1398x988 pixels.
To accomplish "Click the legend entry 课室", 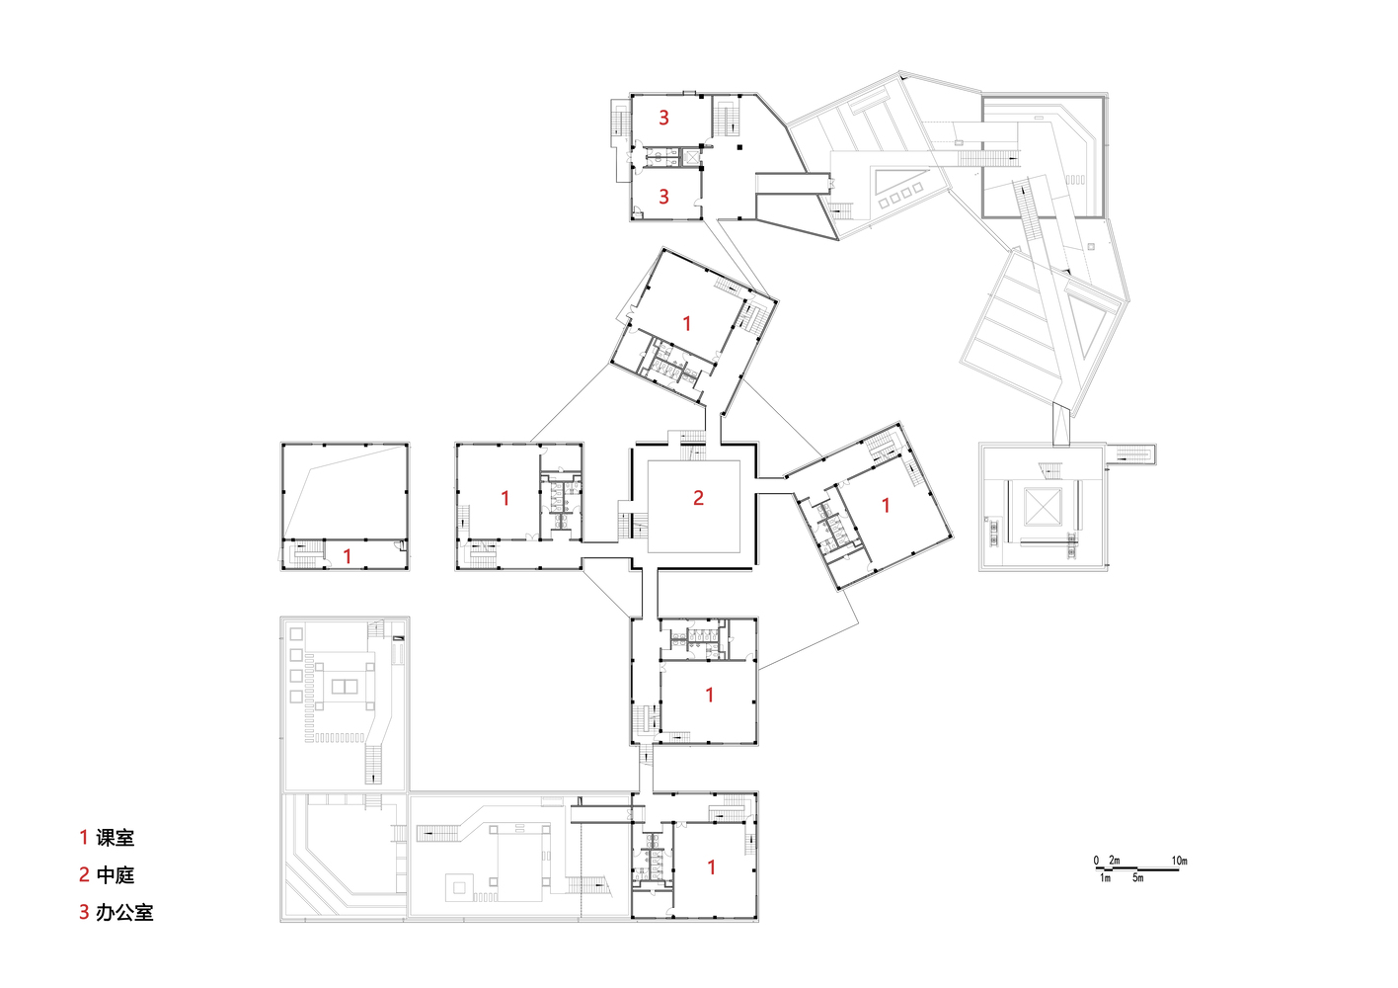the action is [x=115, y=838].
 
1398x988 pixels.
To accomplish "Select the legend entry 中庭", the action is [x=115, y=875].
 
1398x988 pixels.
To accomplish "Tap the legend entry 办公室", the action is [x=124, y=913].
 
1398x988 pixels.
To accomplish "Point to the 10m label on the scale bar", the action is [x=1179, y=861].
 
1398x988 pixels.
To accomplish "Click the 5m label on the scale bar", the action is [x=1137, y=878].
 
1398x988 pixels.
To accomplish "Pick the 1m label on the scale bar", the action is [x=1105, y=878].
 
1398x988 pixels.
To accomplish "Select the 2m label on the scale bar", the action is [x=1114, y=861].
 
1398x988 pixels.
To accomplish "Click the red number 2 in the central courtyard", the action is [x=698, y=498].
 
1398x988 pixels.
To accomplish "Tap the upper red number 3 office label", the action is [x=664, y=118].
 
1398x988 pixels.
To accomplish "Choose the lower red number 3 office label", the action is [x=664, y=197].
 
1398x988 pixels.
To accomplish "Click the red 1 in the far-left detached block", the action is [x=348, y=556].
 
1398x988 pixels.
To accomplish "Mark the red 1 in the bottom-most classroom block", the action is [x=712, y=866].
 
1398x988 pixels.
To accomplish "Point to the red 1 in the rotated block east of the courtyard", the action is [x=886, y=505].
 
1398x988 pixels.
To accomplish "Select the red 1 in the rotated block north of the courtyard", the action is [x=687, y=323].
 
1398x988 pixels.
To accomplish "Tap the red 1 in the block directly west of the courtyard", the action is [x=505, y=498].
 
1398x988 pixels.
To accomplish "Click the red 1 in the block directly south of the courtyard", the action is [x=710, y=695].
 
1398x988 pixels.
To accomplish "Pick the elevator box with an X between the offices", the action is [x=691, y=156].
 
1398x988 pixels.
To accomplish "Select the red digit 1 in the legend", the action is [x=84, y=838].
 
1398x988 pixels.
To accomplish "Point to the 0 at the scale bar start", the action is [x=1096, y=861].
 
